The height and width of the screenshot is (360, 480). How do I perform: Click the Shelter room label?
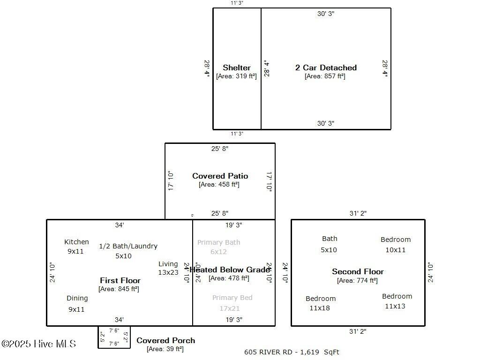(x=237, y=67)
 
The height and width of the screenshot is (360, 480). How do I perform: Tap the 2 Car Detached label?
(x=326, y=67)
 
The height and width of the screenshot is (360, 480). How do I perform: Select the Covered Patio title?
(x=220, y=176)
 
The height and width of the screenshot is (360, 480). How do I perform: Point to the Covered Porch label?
(x=165, y=340)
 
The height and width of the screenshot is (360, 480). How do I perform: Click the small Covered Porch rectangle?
(x=114, y=337)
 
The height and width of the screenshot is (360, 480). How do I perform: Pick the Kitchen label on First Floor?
(x=76, y=242)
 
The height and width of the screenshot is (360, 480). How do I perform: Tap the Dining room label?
(x=77, y=298)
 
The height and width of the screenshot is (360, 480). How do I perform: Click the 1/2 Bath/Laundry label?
(x=128, y=246)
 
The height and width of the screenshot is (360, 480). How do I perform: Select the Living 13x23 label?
(x=168, y=268)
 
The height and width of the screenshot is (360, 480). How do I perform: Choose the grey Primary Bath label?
(x=218, y=242)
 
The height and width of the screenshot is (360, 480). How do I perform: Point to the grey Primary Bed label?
(x=232, y=298)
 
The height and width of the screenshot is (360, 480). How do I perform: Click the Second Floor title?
(x=358, y=271)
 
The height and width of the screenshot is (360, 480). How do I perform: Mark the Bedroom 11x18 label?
(x=321, y=303)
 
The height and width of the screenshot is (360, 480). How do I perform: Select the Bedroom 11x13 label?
(x=397, y=301)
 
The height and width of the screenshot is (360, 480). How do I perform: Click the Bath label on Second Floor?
(x=329, y=239)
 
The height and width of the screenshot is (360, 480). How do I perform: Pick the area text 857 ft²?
(x=325, y=76)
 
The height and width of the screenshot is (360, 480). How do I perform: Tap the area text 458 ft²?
(x=219, y=184)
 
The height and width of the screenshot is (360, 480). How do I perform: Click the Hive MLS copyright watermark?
(x=38, y=344)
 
